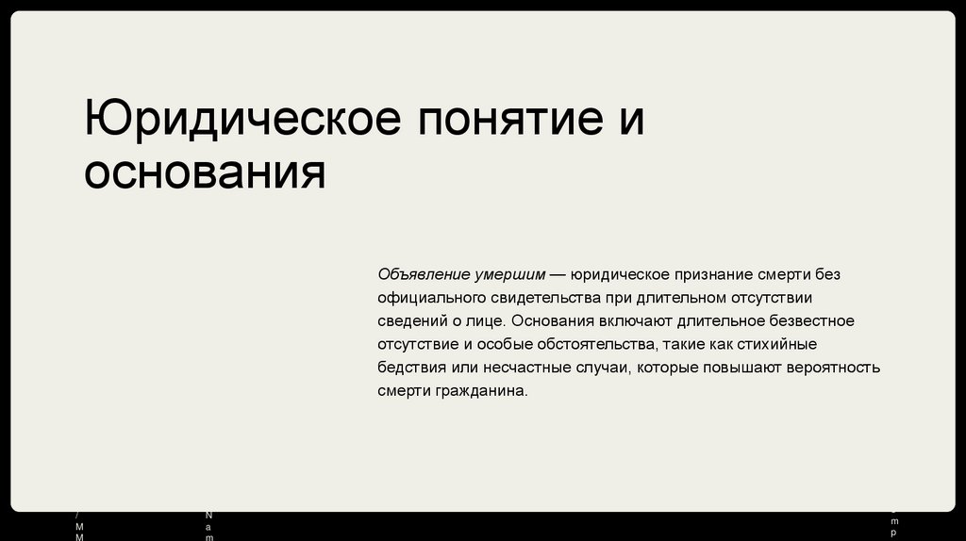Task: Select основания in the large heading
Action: (205, 172)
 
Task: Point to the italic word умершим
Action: (509, 274)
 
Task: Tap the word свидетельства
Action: (540, 298)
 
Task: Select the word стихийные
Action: (781, 344)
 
